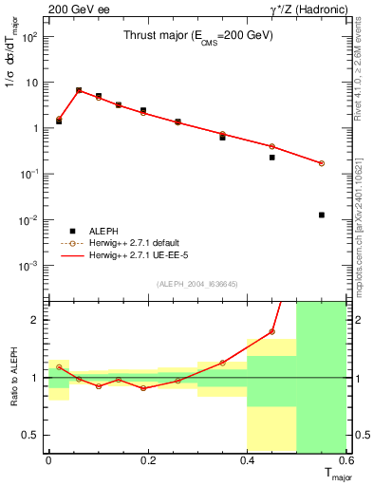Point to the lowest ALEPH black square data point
click(322, 215)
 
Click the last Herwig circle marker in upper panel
click(322, 163)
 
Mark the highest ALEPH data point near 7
click(79, 90)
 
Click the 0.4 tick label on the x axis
click(247, 460)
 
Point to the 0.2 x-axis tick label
click(147, 460)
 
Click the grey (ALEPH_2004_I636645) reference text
click(197, 284)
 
